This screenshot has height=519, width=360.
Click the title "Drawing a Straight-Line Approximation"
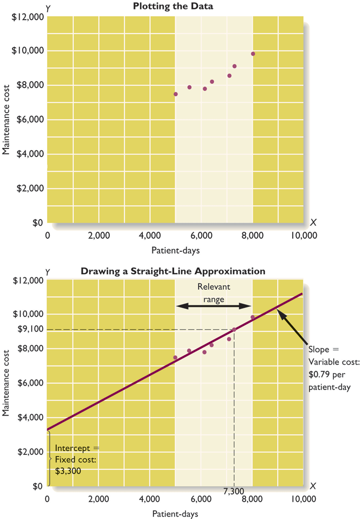[x=173, y=271]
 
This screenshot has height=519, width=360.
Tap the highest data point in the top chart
[x=253, y=54]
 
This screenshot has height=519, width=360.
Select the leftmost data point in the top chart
[x=175, y=94]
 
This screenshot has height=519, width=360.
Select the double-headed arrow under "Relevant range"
[x=213, y=305]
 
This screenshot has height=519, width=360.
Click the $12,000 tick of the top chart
[x=30, y=17]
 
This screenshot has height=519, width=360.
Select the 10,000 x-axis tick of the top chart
[x=302, y=234]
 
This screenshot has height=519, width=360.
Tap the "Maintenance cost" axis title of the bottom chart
[x=7, y=384]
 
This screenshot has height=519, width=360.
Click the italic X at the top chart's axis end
[x=313, y=222]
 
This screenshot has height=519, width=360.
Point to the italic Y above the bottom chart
[x=47, y=271]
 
